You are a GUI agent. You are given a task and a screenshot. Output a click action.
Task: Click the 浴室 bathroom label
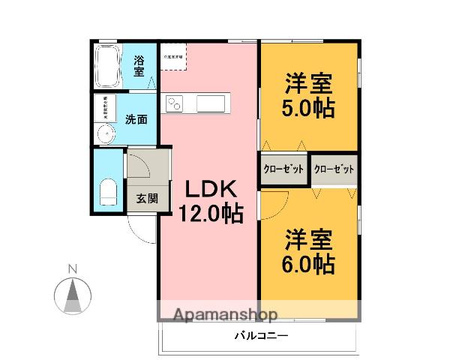[139, 65]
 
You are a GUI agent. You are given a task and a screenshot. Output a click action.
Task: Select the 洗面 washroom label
[136, 118]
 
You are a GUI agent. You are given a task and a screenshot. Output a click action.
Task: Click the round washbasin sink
[105, 134]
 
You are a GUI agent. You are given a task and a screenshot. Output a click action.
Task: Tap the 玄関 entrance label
[147, 199]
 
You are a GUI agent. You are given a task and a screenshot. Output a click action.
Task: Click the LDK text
[210, 188]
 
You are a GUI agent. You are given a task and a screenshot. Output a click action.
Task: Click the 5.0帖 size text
[308, 106]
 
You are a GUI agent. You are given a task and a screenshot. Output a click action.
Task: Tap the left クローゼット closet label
[283, 169]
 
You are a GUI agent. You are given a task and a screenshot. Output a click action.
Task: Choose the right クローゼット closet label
[333, 169]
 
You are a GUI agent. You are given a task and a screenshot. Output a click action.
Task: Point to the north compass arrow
[72, 295]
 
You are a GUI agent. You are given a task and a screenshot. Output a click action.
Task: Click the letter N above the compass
[72, 269]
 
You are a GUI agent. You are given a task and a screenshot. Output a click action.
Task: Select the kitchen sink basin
[212, 103]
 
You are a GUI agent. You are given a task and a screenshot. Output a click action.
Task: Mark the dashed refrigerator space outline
[173, 58]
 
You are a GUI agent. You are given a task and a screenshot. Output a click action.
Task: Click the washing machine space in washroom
[105, 108]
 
